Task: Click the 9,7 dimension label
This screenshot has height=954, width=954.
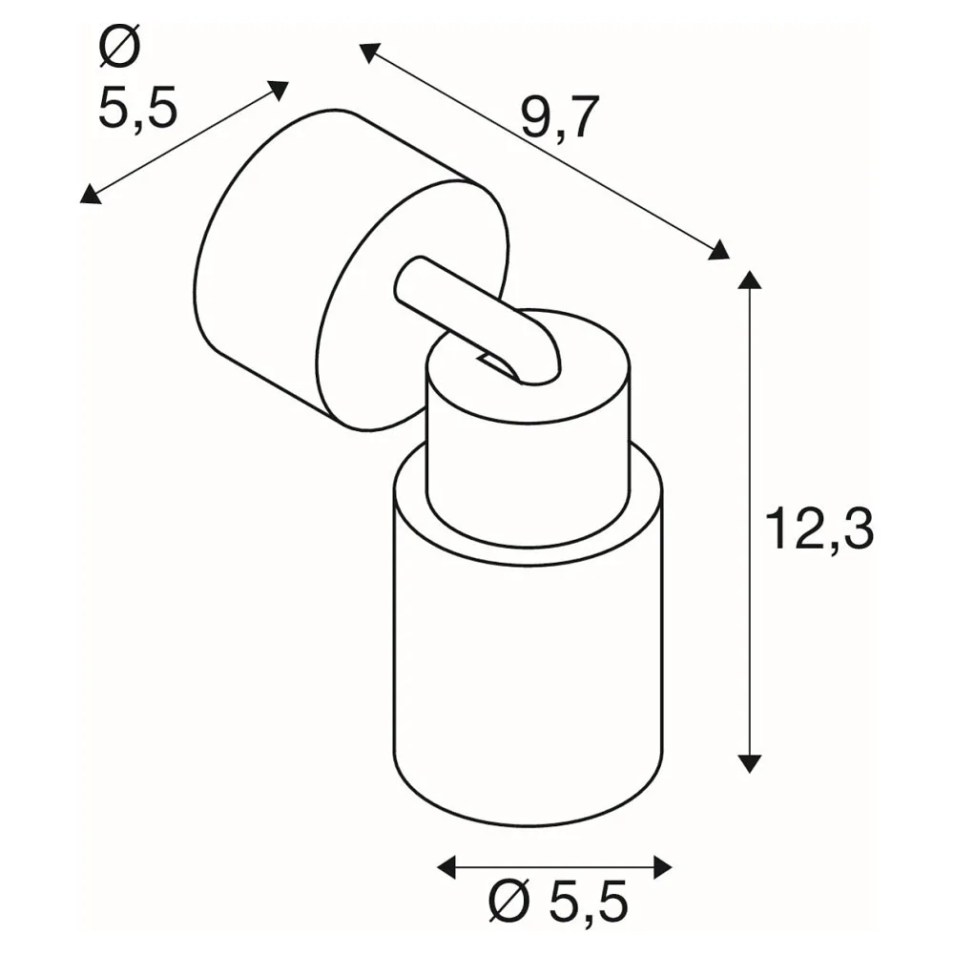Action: (560, 117)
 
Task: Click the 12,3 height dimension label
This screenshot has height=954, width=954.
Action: (819, 529)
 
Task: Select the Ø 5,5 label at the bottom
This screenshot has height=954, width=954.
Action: (557, 904)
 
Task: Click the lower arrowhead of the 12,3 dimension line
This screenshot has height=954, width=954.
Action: (749, 763)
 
